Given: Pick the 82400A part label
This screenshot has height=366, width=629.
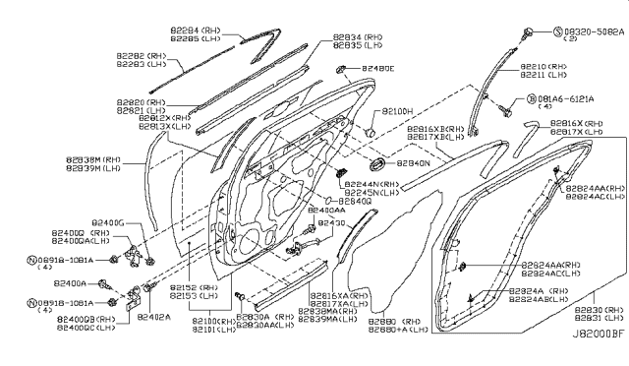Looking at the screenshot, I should click(71, 282).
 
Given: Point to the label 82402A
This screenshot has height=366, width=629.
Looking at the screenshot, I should click(154, 318).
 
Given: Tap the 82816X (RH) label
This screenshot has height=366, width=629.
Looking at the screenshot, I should click(576, 123).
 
